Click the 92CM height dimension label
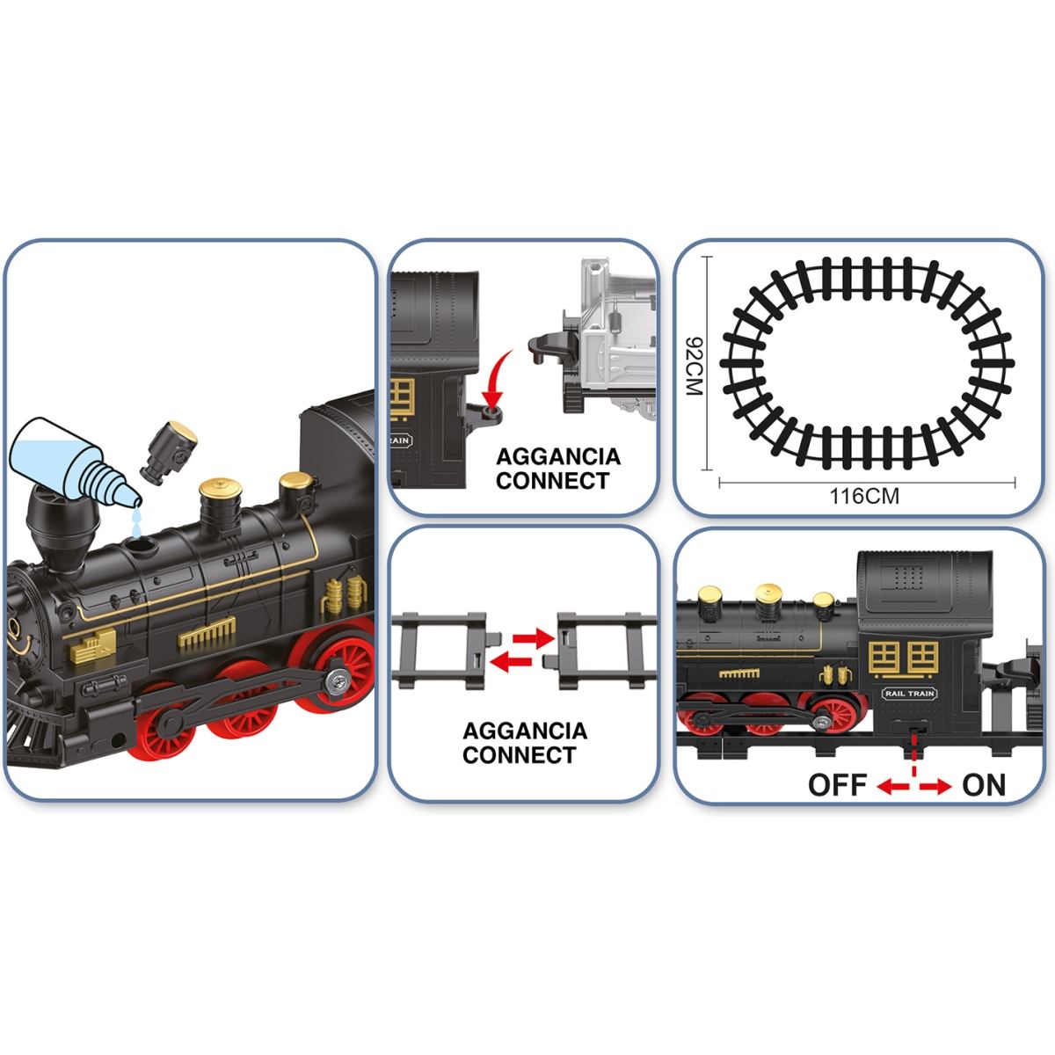(694, 366)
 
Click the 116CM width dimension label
(864, 497)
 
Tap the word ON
(984, 785)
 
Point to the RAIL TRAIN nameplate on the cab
(909, 693)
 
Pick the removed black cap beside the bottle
(168, 452)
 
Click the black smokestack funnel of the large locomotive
(62, 524)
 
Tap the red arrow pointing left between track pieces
(511, 661)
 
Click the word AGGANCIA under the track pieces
(525, 731)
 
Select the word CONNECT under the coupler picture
(552, 481)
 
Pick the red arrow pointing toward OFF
(892, 787)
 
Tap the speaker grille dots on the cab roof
(909, 576)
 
